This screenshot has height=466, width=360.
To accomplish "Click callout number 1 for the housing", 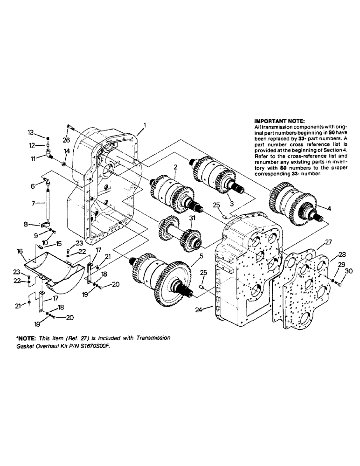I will pos(145,124).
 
